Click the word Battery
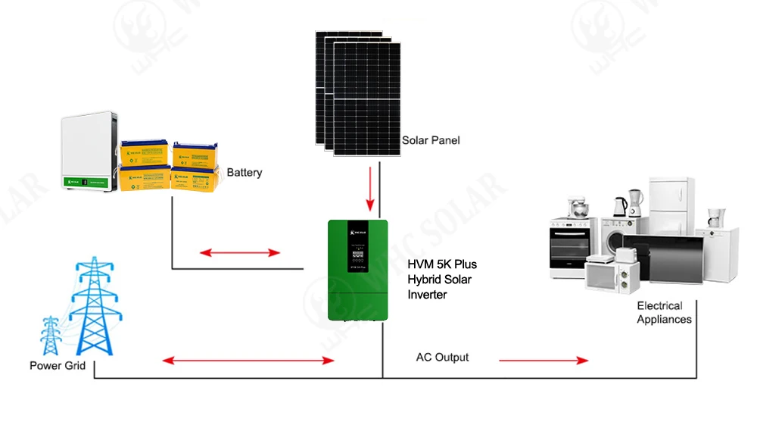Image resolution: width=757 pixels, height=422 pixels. coord(245,173)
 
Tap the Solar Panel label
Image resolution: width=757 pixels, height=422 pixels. coord(430,140)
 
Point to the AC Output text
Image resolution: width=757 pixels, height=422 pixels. coord(442,357)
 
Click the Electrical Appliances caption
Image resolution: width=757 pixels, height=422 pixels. coord(664,312)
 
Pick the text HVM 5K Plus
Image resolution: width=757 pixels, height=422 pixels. coord(443,264)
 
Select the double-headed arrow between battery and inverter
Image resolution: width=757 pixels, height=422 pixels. coord(240,252)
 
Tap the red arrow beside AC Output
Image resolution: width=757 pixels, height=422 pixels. coord(543,360)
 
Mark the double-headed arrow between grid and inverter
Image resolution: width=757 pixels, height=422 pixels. coord(249,361)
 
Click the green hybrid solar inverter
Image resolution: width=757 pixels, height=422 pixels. coord(358,269)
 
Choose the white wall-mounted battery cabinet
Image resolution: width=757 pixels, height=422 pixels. coord(89,151)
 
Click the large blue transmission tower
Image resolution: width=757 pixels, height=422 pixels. coord(93,311)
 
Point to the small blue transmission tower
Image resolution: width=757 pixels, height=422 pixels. coord(51,336)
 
